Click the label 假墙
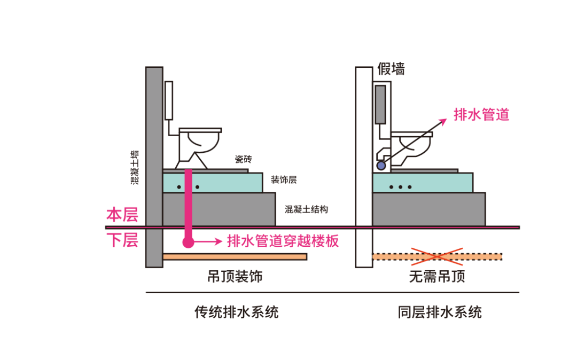391,69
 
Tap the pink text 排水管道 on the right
481,114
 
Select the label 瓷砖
243,159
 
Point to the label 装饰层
284,180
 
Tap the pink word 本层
122,215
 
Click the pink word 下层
122,240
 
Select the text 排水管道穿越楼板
283,241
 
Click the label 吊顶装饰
235,276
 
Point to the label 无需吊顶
437,276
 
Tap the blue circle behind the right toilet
380,166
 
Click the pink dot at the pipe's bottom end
188,242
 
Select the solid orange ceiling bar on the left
235,257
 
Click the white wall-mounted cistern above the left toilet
169,100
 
